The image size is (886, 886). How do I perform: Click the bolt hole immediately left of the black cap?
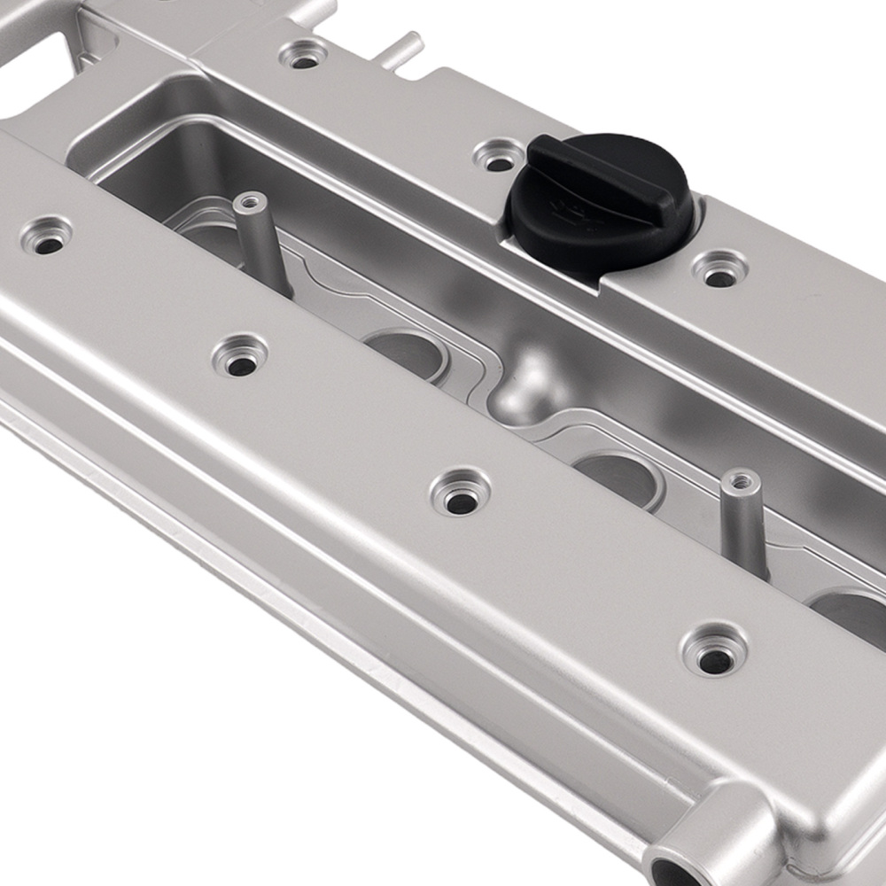click(x=499, y=157)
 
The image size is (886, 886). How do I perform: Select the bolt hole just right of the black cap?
click(x=719, y=270)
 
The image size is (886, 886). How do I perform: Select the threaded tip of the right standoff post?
click(x=741, y=481)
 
